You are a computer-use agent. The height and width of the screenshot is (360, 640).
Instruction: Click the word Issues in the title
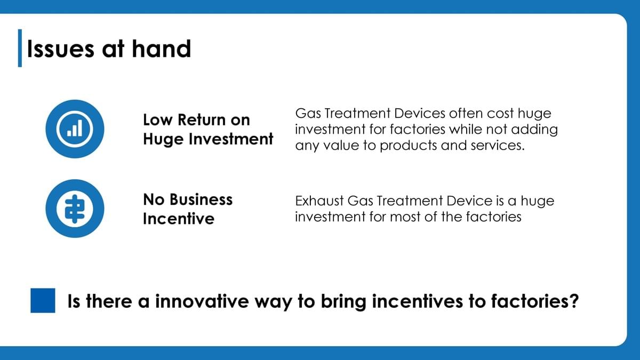[61, 49]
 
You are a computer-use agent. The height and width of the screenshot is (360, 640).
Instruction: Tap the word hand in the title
[162, 49]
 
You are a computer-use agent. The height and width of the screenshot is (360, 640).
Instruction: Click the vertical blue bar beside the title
[20, 48]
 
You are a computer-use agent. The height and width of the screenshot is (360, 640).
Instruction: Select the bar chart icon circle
[75, 129]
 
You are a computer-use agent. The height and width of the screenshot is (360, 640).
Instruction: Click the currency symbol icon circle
[75, 209]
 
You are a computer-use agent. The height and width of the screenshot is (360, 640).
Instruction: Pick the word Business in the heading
[201, 199]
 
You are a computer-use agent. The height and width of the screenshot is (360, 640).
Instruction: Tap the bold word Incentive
[179, 219]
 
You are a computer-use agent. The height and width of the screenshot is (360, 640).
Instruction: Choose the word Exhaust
[319, 201]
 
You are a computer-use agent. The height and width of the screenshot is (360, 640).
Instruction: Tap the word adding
[534, 130]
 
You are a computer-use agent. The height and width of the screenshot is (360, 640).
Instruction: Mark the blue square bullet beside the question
[43, 300]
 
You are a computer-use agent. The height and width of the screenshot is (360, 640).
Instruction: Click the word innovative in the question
[202, 301]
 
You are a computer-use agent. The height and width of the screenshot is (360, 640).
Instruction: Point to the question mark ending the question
[573, 301]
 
